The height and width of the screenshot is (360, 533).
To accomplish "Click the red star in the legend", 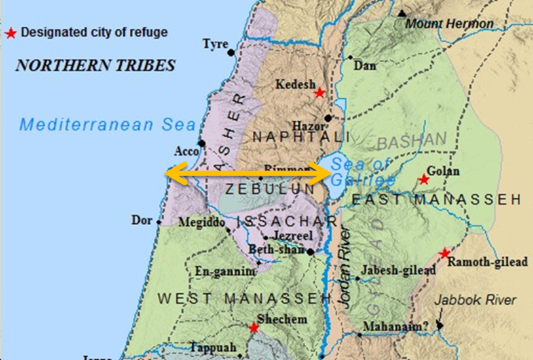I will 10,33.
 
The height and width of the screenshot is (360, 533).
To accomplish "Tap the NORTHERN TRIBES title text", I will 96,65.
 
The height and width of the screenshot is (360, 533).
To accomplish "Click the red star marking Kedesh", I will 319,93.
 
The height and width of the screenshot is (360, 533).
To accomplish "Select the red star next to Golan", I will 424,179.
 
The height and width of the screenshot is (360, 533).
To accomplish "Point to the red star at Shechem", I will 254,327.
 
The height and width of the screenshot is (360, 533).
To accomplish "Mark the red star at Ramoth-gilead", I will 445,253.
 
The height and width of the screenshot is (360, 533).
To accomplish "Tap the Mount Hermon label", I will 450,24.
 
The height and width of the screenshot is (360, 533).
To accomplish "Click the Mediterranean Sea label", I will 98,124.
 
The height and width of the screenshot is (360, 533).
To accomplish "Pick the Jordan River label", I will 345,268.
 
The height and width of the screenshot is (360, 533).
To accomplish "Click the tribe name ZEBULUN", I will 261,189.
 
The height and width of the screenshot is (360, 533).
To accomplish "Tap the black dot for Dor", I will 158,222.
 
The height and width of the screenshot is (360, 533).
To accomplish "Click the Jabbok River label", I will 476,300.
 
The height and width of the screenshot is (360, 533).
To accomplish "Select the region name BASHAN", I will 412,139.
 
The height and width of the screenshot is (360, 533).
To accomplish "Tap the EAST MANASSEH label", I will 437,200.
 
